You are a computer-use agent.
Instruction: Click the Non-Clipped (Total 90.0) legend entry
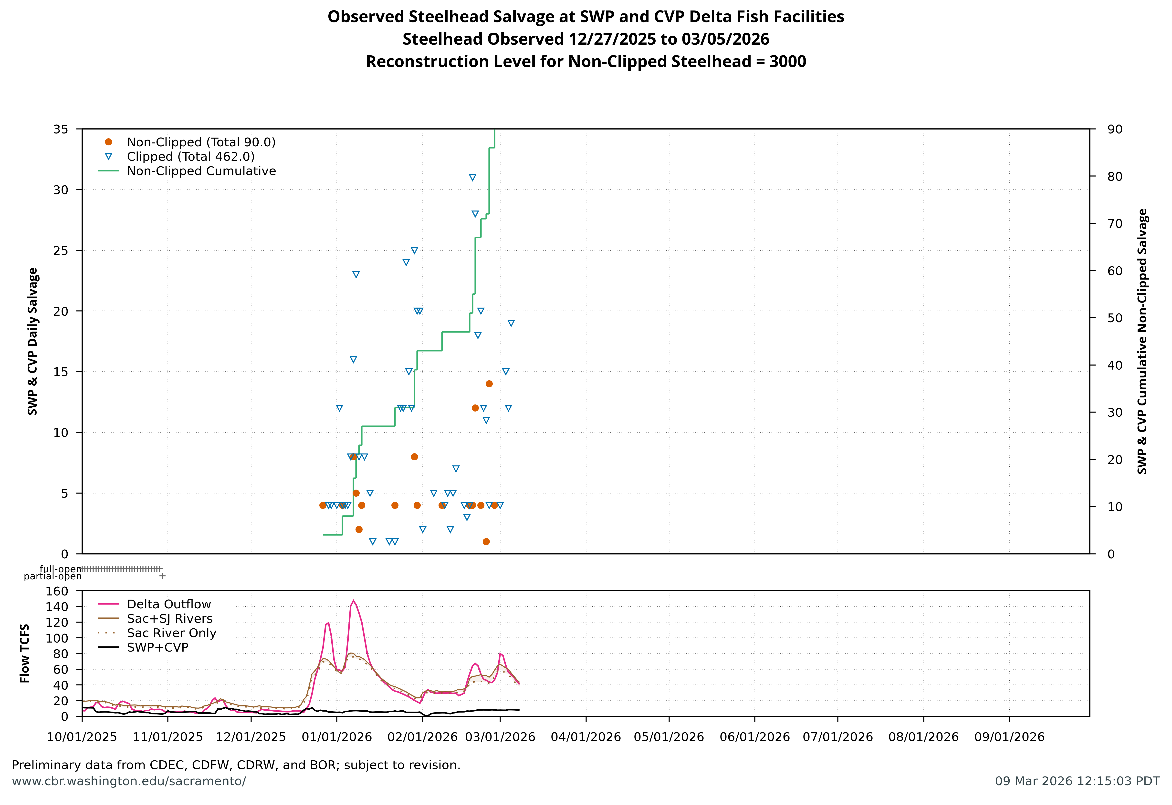pyautogui.click(x=201, y=142)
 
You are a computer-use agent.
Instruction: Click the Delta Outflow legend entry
pyautogui.click(x=168, y=604)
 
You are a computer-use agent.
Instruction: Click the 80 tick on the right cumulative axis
pyautogui.click(x=1114, y=177)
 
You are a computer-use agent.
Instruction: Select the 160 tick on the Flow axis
pyautogui.click(x=57, y=591)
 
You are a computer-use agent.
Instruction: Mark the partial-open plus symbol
pyautogui.click(x=162, y=575)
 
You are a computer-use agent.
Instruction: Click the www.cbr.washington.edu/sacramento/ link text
pyautogui.click(x=129, y=781)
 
